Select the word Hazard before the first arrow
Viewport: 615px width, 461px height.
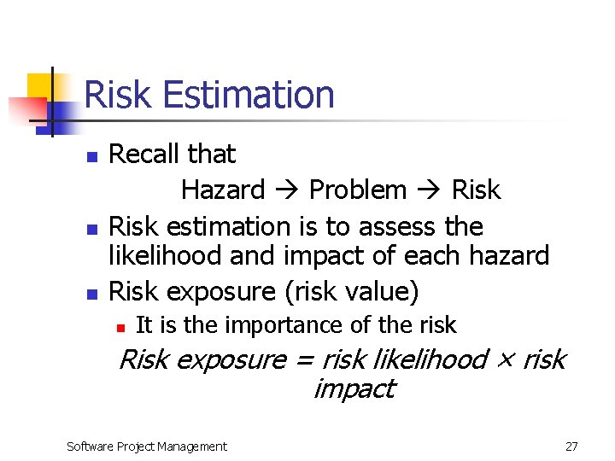(x=223, y=190)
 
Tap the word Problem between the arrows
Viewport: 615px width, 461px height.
(x=357, y=190)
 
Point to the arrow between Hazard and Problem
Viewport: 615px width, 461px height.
(x=286, y=190)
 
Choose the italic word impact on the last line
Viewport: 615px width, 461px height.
(x=353, y=389)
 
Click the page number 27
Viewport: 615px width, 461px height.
(x=571, y=446)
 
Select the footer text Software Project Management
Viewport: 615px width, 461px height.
(x=147, y=446)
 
